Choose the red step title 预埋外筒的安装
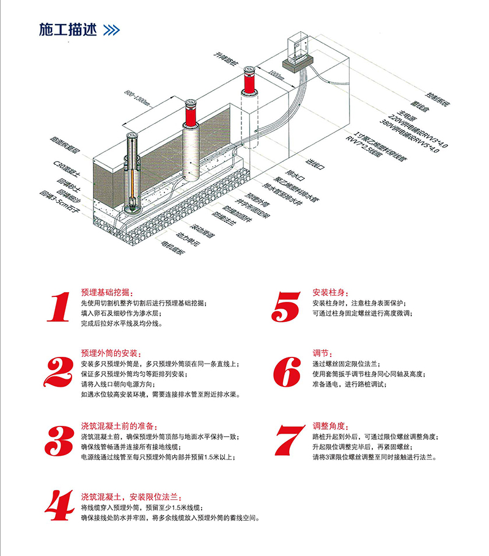tap(111, 354)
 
